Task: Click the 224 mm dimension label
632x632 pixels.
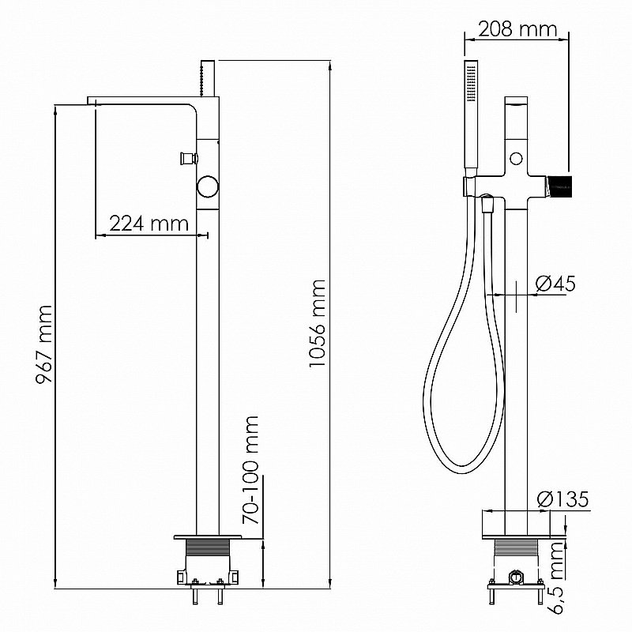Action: (x=149, y=224)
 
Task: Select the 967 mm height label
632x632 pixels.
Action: (x=44, y=344)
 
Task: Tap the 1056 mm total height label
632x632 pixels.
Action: (x=317, y=323)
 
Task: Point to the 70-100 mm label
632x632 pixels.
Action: (x=250, y=470)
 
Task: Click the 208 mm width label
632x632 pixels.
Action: (x=518, y=28)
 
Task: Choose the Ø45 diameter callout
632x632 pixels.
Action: (x=555, y=284)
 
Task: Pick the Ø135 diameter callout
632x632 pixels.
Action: (x=562, y=499)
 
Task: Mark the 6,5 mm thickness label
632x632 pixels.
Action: (x=557, y=577)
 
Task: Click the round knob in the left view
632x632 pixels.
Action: (x=208, y=186)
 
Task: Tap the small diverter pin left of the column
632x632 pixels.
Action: (x=189, y=158)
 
